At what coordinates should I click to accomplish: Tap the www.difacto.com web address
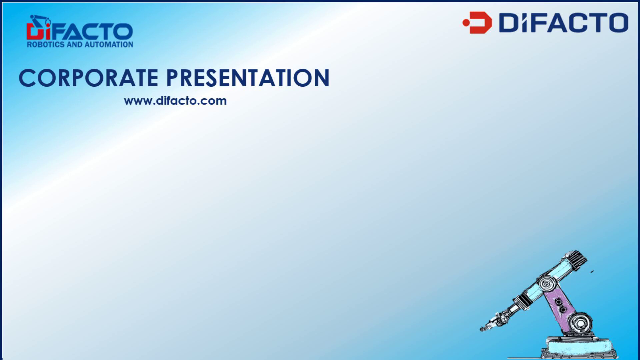pos(175,101)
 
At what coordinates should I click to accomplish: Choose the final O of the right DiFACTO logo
pos(616,23)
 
